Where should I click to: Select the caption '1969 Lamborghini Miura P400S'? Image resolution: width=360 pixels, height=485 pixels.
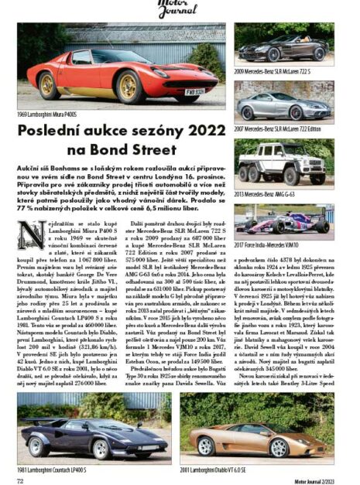[x=51, y=114]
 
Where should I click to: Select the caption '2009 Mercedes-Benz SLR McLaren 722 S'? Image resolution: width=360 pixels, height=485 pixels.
[x=277, y=72]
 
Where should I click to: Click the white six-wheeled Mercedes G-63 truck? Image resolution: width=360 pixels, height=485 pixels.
[x=285, y=161]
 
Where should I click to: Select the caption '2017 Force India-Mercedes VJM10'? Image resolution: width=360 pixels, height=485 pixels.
[x=273, y=245]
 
